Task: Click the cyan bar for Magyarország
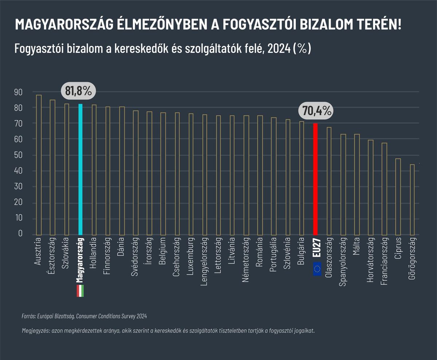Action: coord(80,169)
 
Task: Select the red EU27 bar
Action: coord(315,179)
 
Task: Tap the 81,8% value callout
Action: coord(78,91)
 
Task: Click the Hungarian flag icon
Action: coord(80,291)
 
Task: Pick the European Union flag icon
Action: coord(317,269)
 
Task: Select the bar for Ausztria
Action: coord(39,165)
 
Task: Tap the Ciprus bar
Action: coord(398,197)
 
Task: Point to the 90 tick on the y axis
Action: coord(18,92)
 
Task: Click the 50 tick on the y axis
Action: coord(18,155)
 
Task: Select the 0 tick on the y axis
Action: coord(20,233)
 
